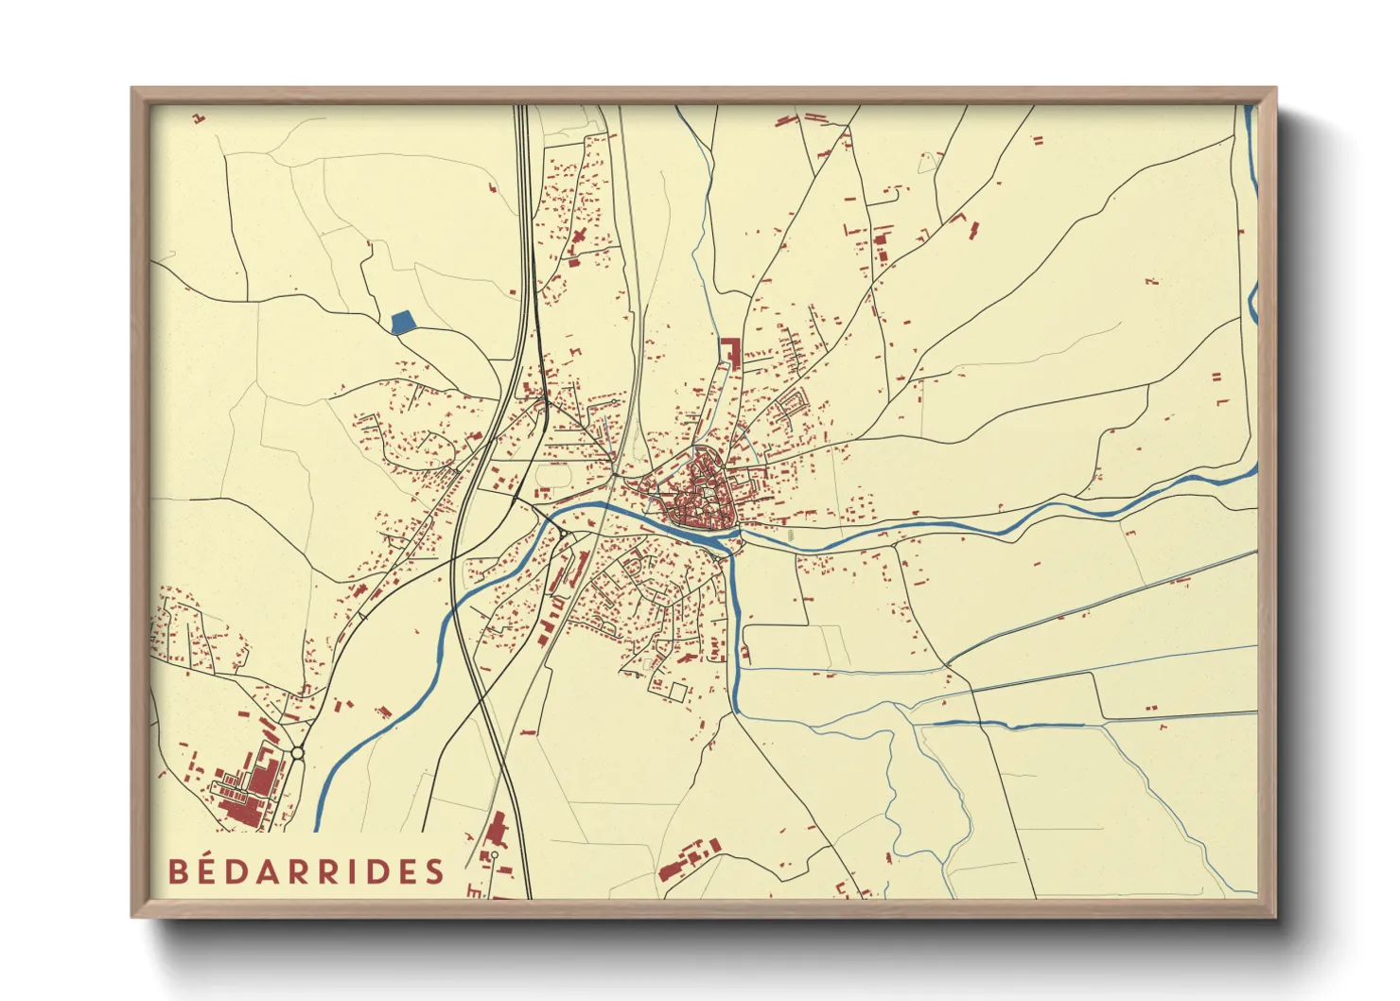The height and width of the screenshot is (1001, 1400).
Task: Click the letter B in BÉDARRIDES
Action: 178,871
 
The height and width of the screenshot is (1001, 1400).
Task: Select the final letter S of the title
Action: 434,871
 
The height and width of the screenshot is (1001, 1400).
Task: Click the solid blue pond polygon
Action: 403,322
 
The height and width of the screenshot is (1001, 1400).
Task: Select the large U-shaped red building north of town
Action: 729,351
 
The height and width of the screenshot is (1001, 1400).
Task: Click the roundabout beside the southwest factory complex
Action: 298,753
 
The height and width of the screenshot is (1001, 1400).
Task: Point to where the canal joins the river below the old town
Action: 731,547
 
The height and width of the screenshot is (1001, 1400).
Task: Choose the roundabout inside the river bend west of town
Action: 567,538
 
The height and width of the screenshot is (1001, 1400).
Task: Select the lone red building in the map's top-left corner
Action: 199,118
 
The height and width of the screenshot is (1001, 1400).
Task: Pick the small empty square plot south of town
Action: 676,692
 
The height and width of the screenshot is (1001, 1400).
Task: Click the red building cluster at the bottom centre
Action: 690,860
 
